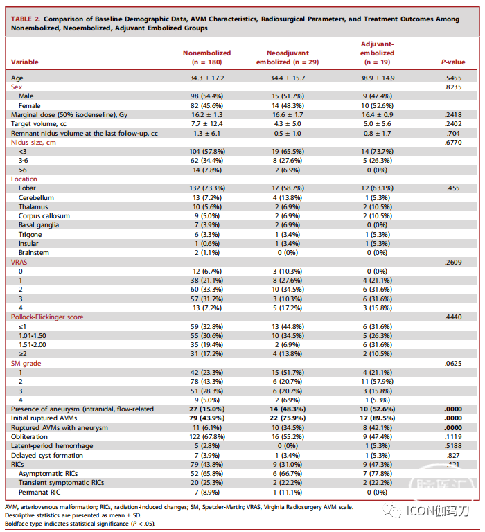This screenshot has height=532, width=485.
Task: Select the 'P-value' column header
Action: [453, 62]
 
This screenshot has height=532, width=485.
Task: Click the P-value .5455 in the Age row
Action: [453, 79]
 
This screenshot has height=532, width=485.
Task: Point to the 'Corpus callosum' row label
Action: [44, 215]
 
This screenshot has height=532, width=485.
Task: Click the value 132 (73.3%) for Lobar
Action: [206, 188]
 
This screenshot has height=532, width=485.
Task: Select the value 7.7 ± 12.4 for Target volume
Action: [206, 124]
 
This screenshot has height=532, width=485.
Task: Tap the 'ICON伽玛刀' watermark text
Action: [439, 511]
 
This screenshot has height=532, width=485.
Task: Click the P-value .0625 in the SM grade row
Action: [453, 362]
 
